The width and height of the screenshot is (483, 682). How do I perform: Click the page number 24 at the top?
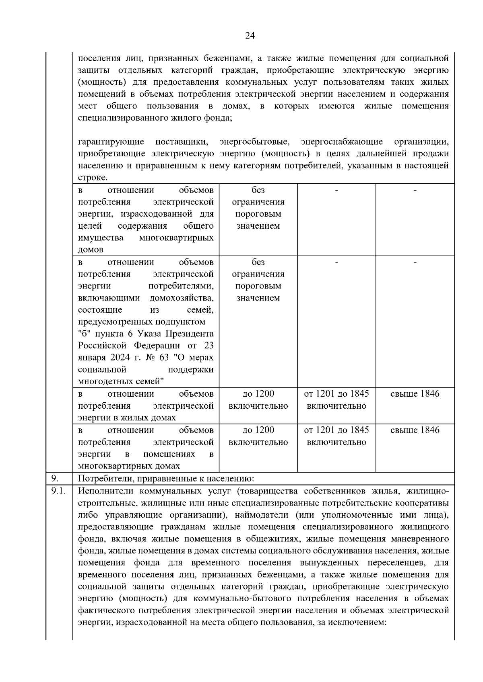pyautogui.click(x=250, y=36)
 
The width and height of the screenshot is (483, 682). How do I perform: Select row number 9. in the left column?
pyautogui.click(x=55, y=478)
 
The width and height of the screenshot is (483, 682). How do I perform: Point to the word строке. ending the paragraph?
pyautogui.click(x=93, y=178)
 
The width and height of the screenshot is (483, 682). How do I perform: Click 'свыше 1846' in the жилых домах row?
pyautogui.click(x=415, y=394)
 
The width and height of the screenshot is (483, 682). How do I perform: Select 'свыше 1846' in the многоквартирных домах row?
pyautogui.click(x=415, y=430)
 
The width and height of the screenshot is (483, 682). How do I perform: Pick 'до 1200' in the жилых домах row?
pyautogui.click(x=258, y=394)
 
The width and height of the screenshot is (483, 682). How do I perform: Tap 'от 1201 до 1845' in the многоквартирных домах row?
pyautogui.click(x=336, y=430)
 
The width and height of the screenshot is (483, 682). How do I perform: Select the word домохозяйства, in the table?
pyautogui.click(x=182, y=298)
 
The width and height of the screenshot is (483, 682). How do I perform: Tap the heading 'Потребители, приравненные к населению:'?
pyautogui.click(x=166, y=478)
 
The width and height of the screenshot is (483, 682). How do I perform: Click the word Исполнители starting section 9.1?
pyautogui.click(x=105, y=491)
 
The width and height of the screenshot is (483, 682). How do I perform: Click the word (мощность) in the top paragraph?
pyautogui.click(x=99, y=82)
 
